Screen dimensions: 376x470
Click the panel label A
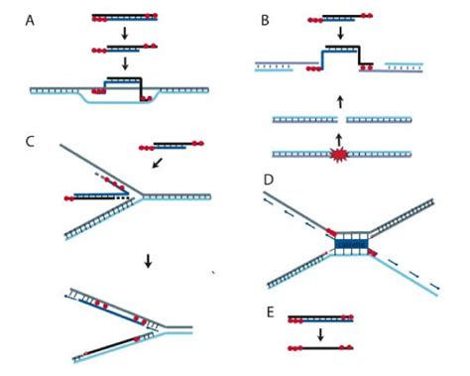coord(31,17)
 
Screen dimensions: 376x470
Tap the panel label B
coord(263,17)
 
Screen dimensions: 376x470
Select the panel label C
coord(31,140)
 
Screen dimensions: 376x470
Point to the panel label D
coord(267,181)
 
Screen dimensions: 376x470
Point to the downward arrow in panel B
coord(340,33)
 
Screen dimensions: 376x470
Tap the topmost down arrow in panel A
coord(125,33)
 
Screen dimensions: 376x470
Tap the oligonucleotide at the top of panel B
coord(340,18)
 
